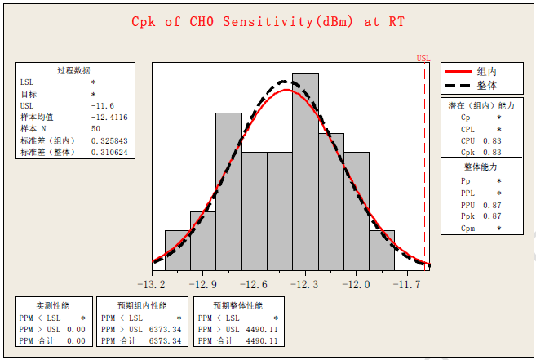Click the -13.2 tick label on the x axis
pos(152,284)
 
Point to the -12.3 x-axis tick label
pos(305,284)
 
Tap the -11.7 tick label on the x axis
pos(407,284)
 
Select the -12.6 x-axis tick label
pos(254,284)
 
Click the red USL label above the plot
pos(423,58)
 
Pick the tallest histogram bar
pos(305,171)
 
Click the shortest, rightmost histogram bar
pos(382,250)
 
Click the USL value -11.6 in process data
pos(103,105)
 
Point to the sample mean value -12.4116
pos(109,117)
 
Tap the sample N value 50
pos(96,128)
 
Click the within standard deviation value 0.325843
pos(109,140)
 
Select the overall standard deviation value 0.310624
pos(109,152)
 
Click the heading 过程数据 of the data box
pos(73,71)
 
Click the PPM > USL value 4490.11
pos(262,328)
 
